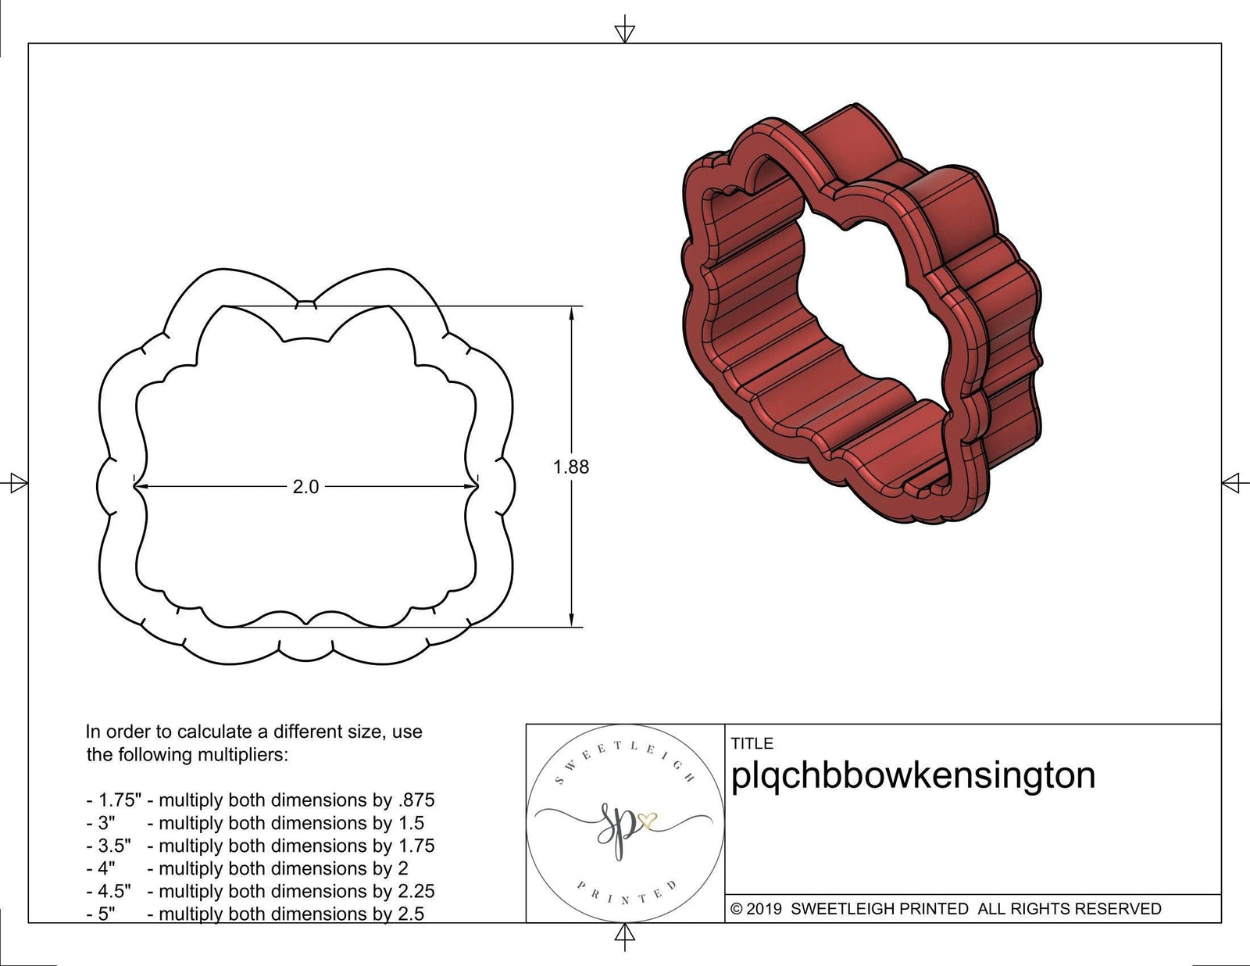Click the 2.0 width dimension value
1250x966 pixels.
[305, 487]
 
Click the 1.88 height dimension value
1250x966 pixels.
[571, 467]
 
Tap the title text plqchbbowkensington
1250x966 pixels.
[912, 775]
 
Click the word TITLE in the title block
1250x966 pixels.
[752, 743]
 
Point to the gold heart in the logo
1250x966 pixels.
[648, 820]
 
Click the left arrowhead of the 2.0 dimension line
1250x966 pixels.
[141, 487]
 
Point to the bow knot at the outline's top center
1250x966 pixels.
[307, 304]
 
